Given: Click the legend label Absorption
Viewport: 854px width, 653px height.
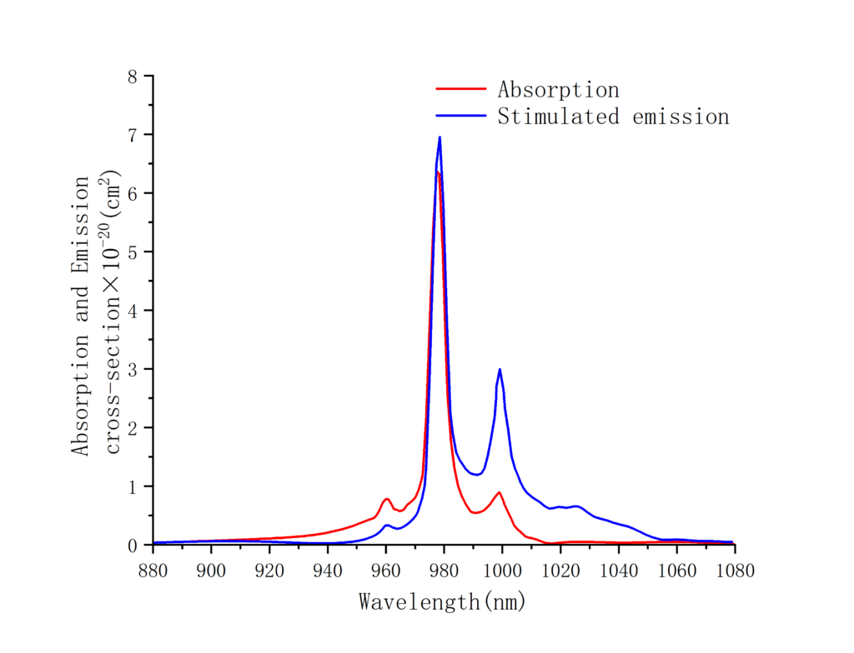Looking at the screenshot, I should tap(558, 89).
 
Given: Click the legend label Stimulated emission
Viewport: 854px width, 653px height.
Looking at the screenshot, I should tap(613, 117).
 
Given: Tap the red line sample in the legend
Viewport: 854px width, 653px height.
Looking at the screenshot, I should tap(460, 89).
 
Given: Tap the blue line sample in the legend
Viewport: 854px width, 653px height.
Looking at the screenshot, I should tap(460, 117).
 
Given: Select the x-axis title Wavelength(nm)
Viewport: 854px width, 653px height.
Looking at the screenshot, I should tap(443, 601).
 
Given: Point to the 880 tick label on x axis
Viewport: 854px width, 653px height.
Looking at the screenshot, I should tap(153, 571).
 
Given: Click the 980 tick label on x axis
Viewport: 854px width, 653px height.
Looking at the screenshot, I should tap(445, 571).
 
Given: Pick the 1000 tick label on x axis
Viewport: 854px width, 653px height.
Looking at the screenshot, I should tap(502, 571).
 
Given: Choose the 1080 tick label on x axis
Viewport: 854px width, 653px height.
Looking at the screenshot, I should tap(735, 571).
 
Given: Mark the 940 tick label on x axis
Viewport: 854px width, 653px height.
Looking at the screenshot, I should tap(328, 571).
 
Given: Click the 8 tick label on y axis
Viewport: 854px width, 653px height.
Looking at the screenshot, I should tap(132, 76).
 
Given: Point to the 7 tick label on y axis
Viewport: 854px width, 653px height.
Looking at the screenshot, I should tap(132, 135).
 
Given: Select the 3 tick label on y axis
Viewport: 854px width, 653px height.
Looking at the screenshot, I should tap(132, 369).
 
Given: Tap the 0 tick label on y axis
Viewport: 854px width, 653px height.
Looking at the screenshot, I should tap(132, 545).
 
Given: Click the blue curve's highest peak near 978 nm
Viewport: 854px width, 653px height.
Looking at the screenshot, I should tap(440, 137).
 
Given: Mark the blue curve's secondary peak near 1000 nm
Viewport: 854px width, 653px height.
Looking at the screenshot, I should tap(500, 369).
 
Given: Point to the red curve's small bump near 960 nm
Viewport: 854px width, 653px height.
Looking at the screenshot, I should tap(387, 499).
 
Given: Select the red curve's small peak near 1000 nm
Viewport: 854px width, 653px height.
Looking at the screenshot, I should tap(500, 492).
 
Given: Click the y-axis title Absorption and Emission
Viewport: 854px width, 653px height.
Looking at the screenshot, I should tap(81, 315).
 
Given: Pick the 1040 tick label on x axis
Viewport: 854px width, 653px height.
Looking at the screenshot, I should tap(619, 571).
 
